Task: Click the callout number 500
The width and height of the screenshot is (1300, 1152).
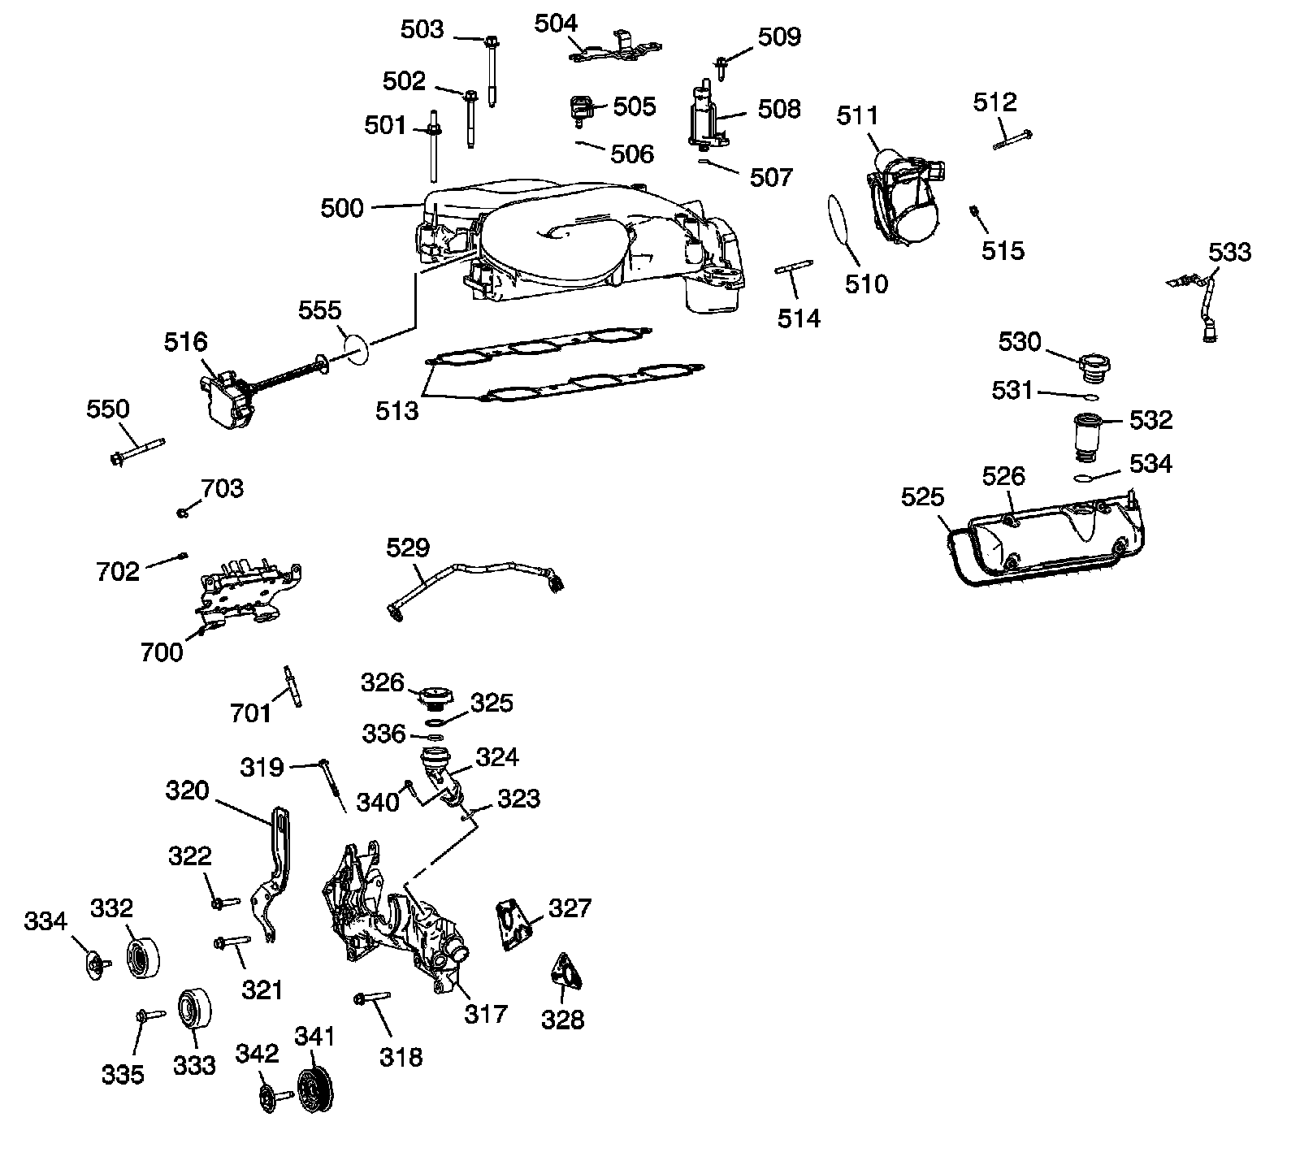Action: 342,208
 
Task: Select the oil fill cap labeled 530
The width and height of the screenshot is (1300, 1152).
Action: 1094,368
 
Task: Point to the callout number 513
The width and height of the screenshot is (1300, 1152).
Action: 397,411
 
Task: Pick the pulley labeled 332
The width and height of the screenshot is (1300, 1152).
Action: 145,959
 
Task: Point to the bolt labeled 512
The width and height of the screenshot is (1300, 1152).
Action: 1012,139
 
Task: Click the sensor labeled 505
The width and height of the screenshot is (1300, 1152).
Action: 581,110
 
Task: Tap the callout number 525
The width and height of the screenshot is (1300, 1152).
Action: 922,496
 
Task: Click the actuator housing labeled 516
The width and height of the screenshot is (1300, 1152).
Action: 227,400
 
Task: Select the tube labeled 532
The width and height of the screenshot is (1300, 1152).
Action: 1088,434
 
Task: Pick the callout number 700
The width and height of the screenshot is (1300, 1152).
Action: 162,652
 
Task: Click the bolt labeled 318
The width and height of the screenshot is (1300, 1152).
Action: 373,998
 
